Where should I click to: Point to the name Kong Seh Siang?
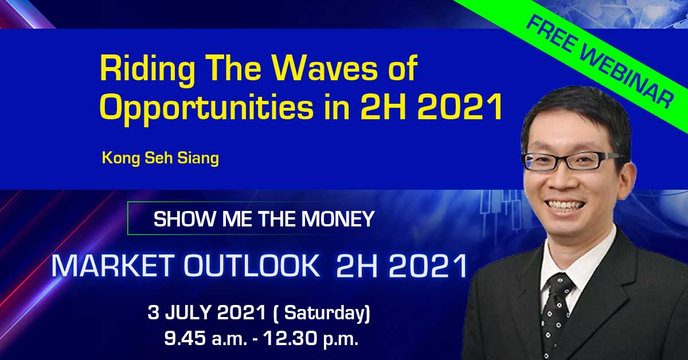tap(161, 158)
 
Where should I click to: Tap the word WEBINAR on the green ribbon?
tap(626, 77)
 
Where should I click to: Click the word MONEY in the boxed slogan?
tap(338, 219)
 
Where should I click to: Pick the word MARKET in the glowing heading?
tap(111, 265)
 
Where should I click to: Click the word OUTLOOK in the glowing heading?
tap(251, 265)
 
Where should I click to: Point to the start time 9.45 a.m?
tap(205, 339)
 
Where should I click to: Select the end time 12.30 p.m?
tap(311, 339)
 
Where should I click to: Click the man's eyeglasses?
tap(571, 160)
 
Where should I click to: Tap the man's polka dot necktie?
tap(556, 316)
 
